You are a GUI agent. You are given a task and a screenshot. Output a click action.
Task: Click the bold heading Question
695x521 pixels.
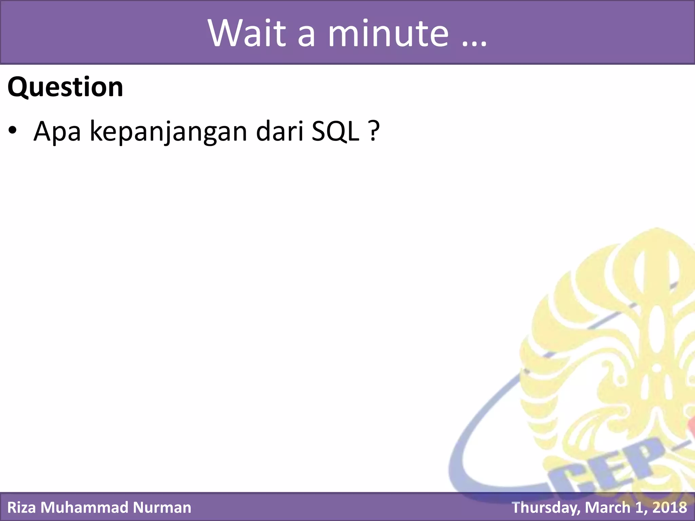[x=65, y=87]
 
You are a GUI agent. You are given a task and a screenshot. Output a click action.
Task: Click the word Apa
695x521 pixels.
[x=57, y=132]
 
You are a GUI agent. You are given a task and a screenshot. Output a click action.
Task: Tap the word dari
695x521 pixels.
[x=280, y=131]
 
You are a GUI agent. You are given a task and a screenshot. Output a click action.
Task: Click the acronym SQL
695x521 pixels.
[x=335, y=131]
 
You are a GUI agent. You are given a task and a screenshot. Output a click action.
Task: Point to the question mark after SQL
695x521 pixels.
[x=373, y=131]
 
